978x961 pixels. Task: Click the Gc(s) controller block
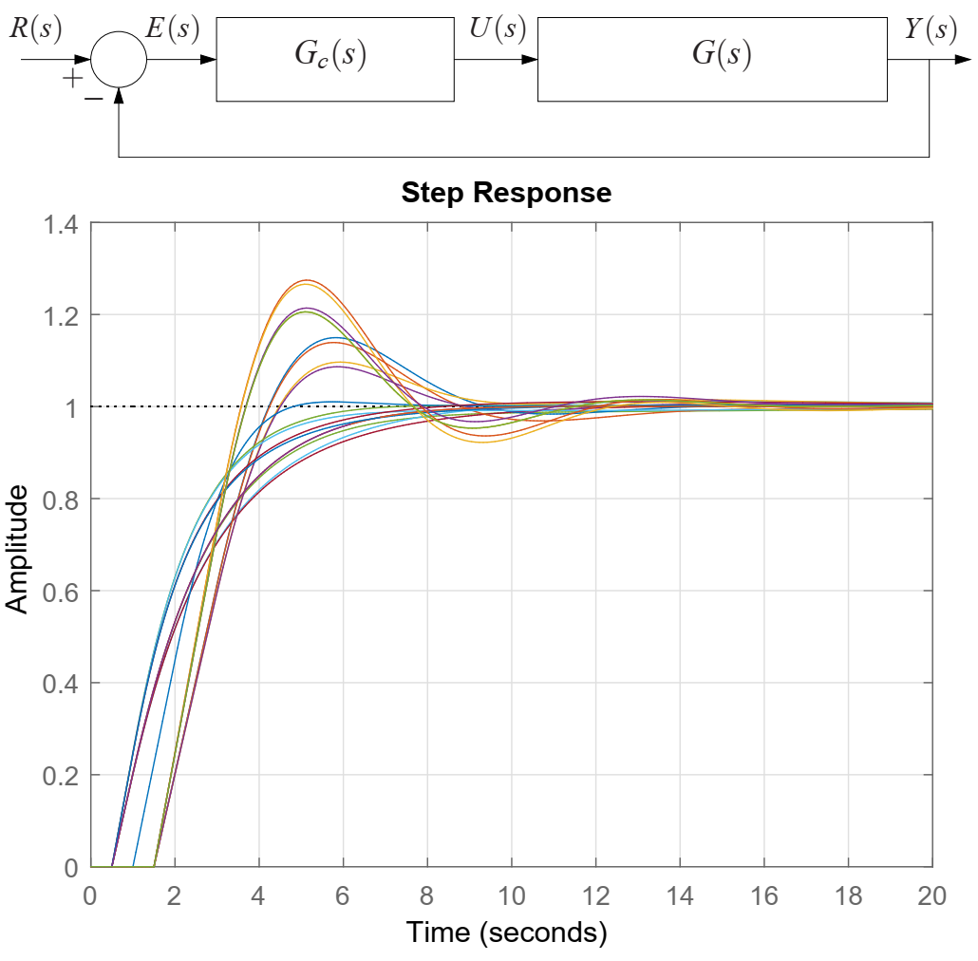coord(334,59)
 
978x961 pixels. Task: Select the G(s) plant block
coord(712,59)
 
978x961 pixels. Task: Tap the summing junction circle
coord(119,59)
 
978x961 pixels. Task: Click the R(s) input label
coord(35,29)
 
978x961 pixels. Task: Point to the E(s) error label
coord(172,29)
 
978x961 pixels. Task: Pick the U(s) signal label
coord(498,29)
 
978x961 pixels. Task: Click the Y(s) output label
coord(930,29)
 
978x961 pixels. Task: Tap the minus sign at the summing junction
coord(93,97)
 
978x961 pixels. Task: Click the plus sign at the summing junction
coord(72,78)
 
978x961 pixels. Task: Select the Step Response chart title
coord(506,194)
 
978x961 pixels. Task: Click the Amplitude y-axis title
coord(18,549)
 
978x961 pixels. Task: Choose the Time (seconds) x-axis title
coord(507,933)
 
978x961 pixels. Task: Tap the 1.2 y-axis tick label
coord(59,315)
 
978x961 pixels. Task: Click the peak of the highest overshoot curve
coord(306,280)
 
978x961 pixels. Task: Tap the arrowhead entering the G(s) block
coord(531,59)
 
